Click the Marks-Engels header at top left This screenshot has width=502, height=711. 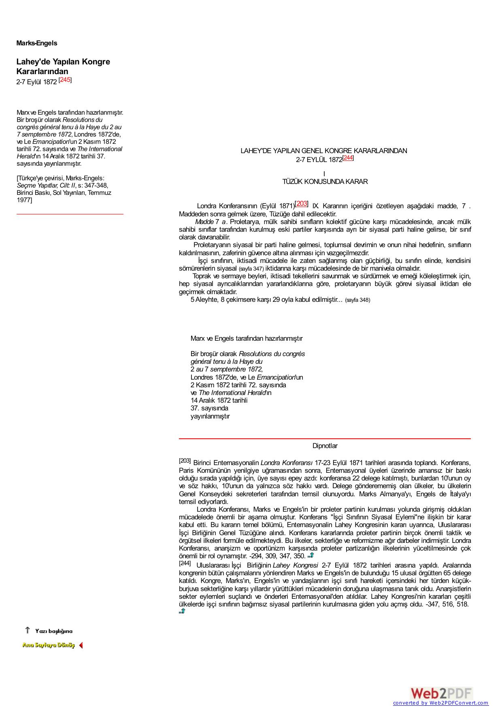tap(37, 43)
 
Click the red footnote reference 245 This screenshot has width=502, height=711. tap(65, 80)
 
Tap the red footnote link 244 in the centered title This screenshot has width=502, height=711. tap(348, 158)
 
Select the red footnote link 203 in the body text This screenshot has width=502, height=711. tap(302, 204)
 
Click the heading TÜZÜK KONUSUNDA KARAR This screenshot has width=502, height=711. tap(325, 182)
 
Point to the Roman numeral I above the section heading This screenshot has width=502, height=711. tap(324, 174)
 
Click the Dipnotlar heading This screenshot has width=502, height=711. tap(325, 446)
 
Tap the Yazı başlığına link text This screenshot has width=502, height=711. tap(54, 631)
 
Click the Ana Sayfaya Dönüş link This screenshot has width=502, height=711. tap(49, 645)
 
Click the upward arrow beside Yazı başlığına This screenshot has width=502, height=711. tap(28, 630)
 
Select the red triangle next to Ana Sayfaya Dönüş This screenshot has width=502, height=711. tap(81, 645)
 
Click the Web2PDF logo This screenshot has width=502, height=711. tap(441, 693)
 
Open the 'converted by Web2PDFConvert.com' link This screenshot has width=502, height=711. tap(440, 703)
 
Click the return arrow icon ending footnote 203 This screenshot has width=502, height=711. tap(311, 555)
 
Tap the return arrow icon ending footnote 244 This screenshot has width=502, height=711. tap(182, 611)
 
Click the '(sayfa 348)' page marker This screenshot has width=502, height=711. tap(357, 300)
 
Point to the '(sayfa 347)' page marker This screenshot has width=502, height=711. tap(251, 269)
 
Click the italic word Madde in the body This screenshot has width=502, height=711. tap(204, 222)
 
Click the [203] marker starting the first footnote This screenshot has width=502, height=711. tap(185, 461)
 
